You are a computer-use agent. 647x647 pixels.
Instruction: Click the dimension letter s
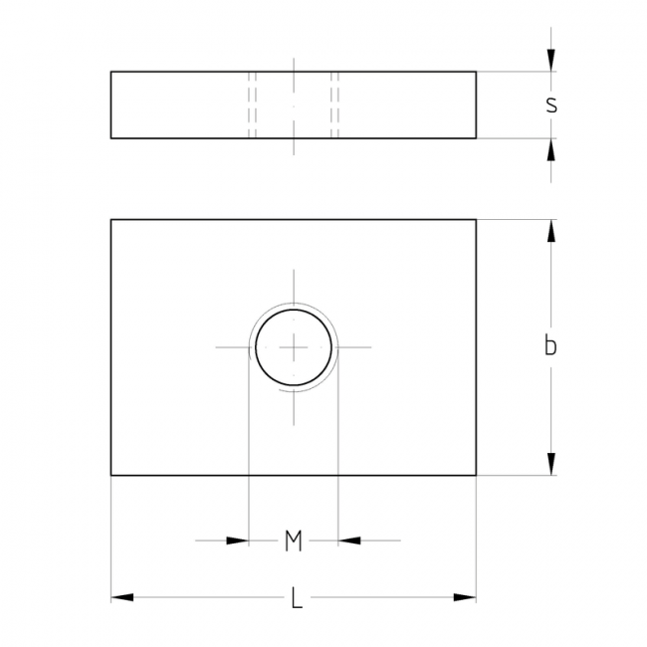point(551,105)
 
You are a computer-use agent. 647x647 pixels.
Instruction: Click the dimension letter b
point(550,345)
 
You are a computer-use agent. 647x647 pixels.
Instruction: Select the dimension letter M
point(294,540)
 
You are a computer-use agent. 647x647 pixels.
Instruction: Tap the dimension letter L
point(297,597)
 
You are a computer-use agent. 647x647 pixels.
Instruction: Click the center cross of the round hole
point(294,347)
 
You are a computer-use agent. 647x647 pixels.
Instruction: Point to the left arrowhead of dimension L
point(122,597)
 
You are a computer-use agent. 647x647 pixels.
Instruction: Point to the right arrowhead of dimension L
point(465,597)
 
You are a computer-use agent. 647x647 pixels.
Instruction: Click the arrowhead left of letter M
point(238,540)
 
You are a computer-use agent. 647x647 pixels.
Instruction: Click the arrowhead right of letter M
point(349,540)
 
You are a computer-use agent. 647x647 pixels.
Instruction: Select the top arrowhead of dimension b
point(550,231)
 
